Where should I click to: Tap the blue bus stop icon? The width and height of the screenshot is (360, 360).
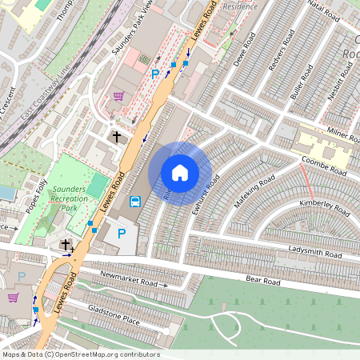136,202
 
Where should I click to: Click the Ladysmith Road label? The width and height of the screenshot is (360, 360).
314,252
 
